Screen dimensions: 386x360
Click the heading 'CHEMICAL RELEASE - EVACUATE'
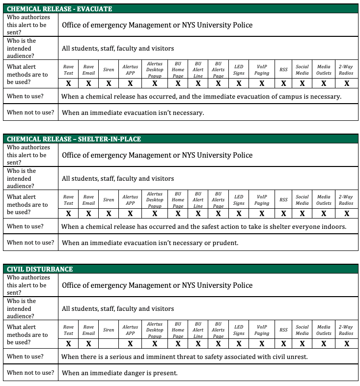59,9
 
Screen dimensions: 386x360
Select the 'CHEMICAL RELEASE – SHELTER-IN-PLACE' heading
74,139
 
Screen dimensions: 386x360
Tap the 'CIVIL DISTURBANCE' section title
40,269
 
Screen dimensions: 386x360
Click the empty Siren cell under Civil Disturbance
109,344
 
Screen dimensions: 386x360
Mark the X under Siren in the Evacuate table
109,83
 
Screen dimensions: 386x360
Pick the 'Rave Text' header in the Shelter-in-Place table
69,200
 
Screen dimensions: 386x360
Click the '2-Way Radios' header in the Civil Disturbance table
346,330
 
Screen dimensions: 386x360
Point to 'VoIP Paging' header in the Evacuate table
262,70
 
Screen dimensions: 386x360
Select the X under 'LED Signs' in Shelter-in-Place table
239,214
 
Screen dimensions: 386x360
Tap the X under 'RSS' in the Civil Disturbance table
283,344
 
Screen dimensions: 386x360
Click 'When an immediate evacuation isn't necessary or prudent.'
150,243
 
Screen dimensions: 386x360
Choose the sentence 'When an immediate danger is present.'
119,373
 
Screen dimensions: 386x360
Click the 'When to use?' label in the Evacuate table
25,96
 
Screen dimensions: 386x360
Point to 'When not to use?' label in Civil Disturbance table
30,373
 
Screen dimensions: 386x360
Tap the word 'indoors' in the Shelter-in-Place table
333,226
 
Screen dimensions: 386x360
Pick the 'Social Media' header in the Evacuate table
302,70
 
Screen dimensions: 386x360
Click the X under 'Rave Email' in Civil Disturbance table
88,344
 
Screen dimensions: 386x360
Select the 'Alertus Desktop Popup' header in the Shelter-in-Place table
155,200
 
